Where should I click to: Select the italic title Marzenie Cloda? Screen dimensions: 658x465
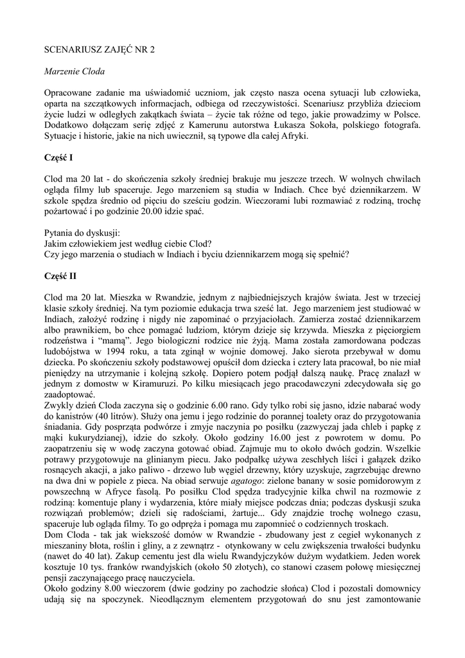click(x=75, y=71)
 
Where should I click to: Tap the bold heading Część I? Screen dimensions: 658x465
click(x=58, y=157)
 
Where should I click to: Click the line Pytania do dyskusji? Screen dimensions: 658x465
click(x=82, y=233)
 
